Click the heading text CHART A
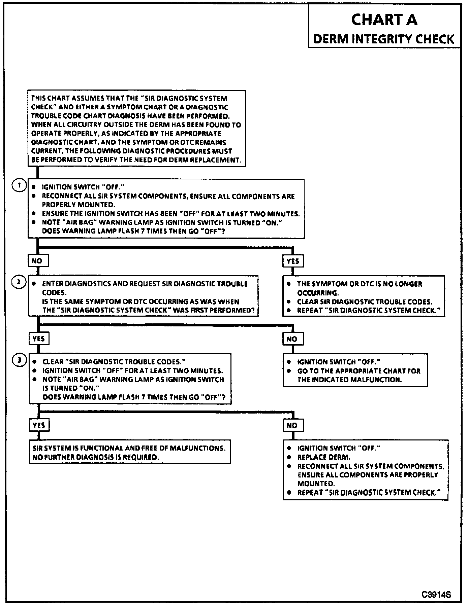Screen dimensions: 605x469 [384, 20]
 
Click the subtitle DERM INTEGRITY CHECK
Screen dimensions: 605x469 [384, 39]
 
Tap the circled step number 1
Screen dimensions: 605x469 [20, 185]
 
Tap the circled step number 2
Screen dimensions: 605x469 [20, 282]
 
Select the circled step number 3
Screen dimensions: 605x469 [20, 360]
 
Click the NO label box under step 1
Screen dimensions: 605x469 [37, 261]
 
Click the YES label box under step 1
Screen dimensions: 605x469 [292, 261]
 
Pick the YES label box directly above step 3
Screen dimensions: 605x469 [39, 339]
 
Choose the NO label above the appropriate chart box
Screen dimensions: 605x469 [292, 339]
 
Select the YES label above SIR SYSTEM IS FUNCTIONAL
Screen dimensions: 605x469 [39, 425]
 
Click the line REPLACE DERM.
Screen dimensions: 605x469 [323, 457]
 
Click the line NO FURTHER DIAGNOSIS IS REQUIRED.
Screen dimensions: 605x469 [96, 457]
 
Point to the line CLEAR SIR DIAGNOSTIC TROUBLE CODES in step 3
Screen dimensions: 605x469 [114, 362]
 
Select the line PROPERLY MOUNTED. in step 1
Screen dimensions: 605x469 [79, 205]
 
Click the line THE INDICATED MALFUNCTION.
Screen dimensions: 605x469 [349, 380]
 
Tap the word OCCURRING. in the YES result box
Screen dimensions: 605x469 [318, 293]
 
